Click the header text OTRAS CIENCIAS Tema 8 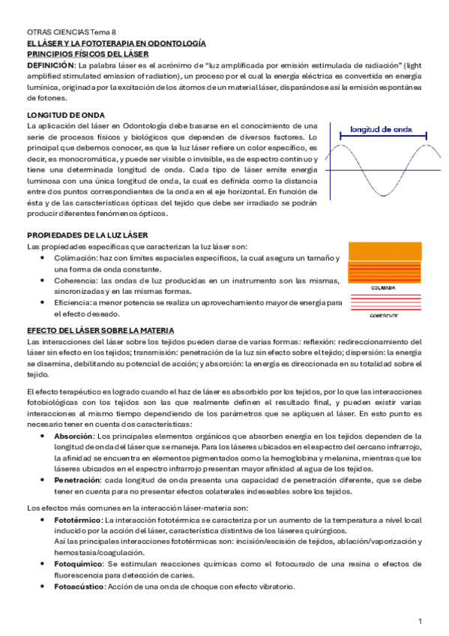pyautogui.click(x=71, y=33)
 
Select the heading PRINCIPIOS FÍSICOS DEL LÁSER pyautogui.click(x=88, y=55)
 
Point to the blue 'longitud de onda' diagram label pyautogui.click(x=383, y=128)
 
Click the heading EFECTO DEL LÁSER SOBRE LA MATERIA pyautogui.click(x=101, y=330)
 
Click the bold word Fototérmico pyautogui.click(x=79, y=519)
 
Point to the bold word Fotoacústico pyautogui.click(x=80, y=586)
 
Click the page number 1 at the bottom pyautogui.click(x=421, y=622)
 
